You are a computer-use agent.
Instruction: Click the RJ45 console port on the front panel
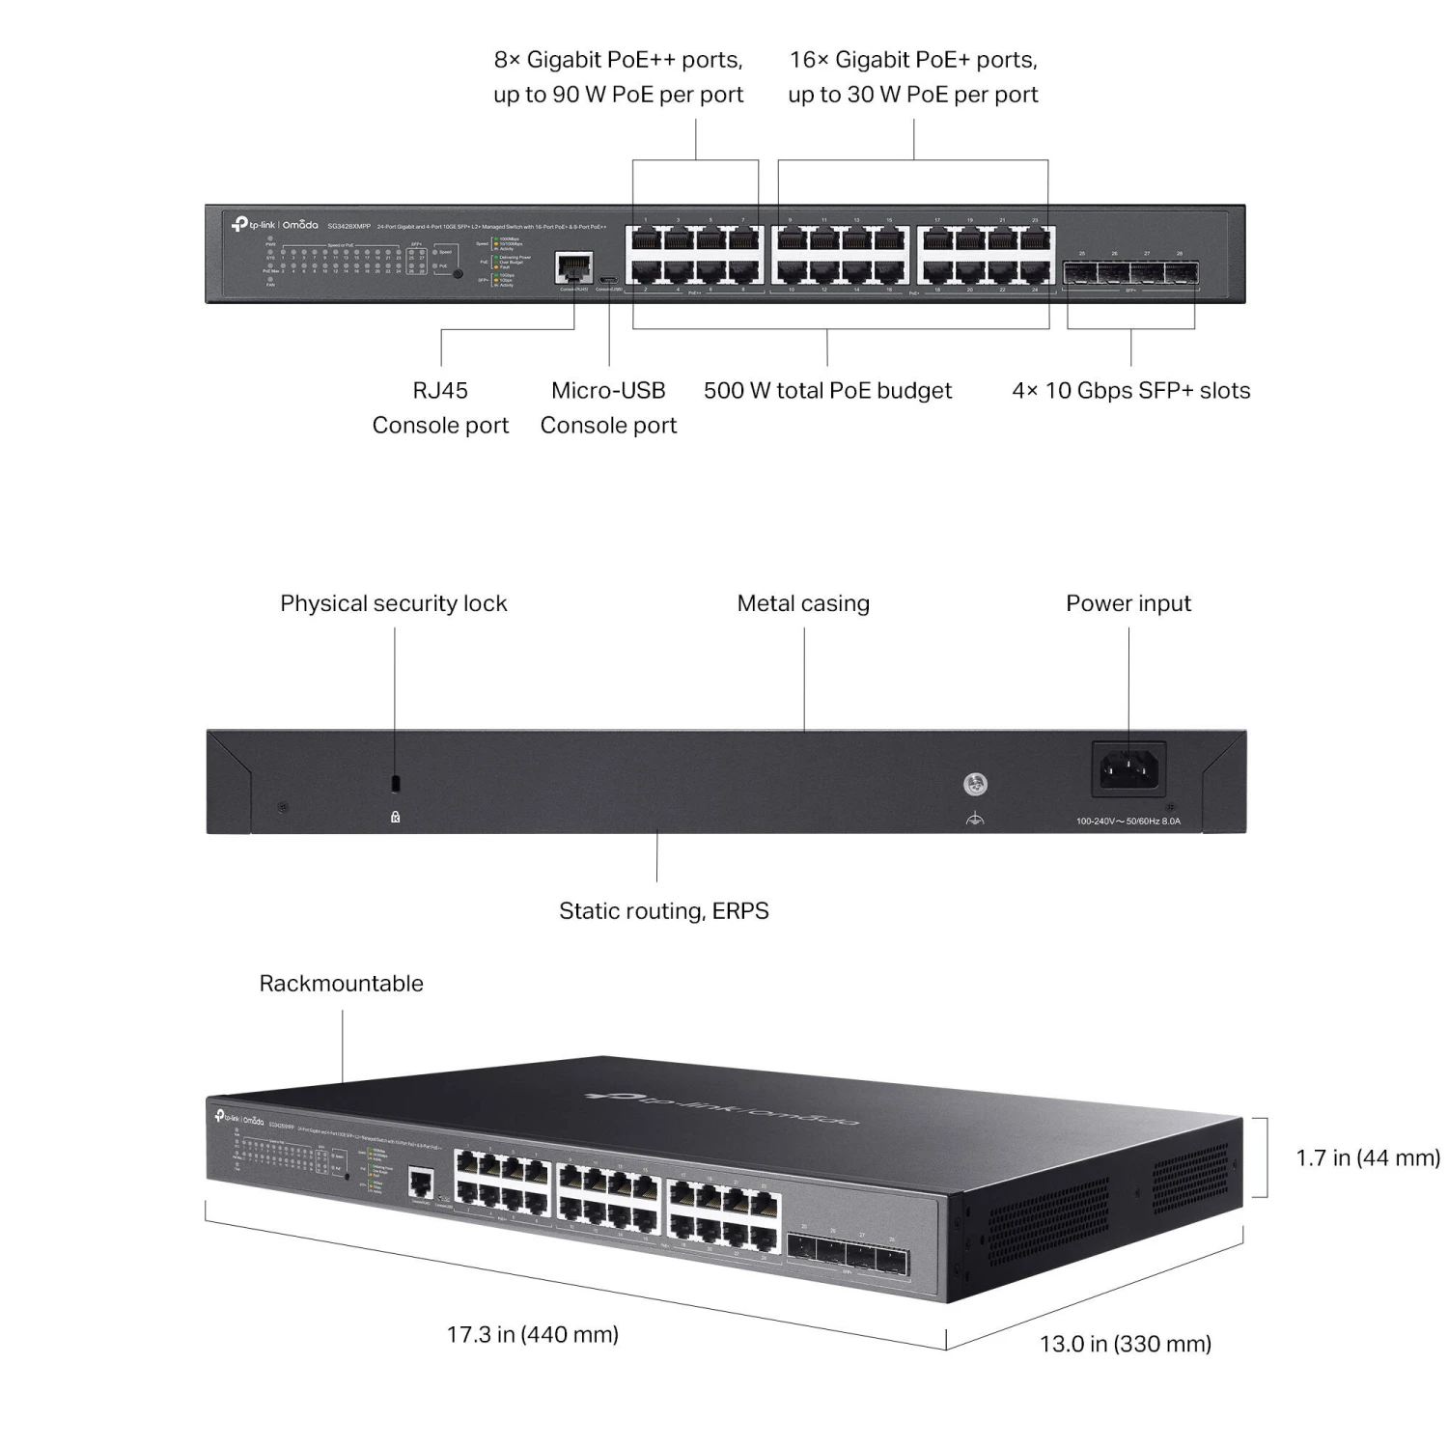(x=574, y=266)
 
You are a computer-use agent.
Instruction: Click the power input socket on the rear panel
(x=1128, y=767)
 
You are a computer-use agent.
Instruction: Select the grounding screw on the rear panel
(x=975, y=785)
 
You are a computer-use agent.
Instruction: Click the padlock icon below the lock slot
(x=395, y=817)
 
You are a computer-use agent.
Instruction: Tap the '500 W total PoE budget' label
(x=827, y=391)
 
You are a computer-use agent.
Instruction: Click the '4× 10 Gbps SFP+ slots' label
(x=1130, y=391)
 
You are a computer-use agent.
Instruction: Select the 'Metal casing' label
(x=803, y=604)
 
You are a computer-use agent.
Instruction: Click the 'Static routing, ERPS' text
(x=664, y=911)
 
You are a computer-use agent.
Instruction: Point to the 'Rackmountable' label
(x=341, y=984)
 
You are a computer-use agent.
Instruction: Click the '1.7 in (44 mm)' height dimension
(x=1367, y=1158)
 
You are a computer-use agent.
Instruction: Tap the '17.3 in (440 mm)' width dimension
(x=532, y=1335)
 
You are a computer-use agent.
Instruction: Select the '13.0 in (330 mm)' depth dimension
(x=1125, y=1344)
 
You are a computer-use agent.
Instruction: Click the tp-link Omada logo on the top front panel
(x=274, y=225)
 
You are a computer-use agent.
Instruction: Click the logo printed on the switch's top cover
(x=722, y=1108)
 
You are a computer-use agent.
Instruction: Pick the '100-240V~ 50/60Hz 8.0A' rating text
(x=1128, y=821)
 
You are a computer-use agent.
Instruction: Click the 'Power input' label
(x=1128, y=604)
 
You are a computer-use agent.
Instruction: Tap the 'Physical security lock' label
(x=393, y=604)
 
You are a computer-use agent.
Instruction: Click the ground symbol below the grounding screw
(x=975, y=820)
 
